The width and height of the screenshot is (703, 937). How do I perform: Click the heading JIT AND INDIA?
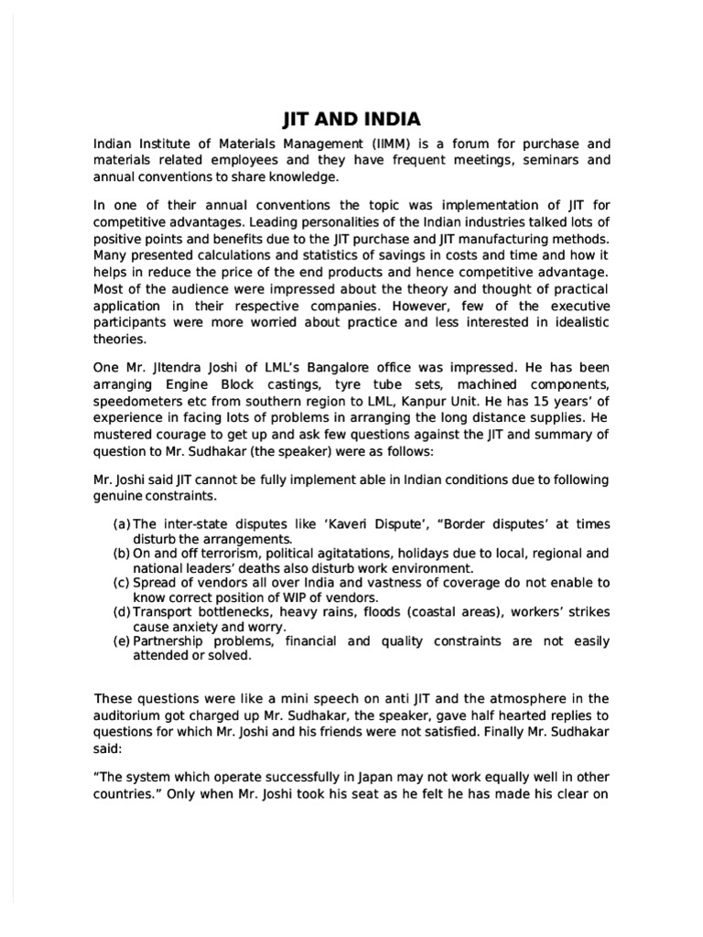pos(351,119)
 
